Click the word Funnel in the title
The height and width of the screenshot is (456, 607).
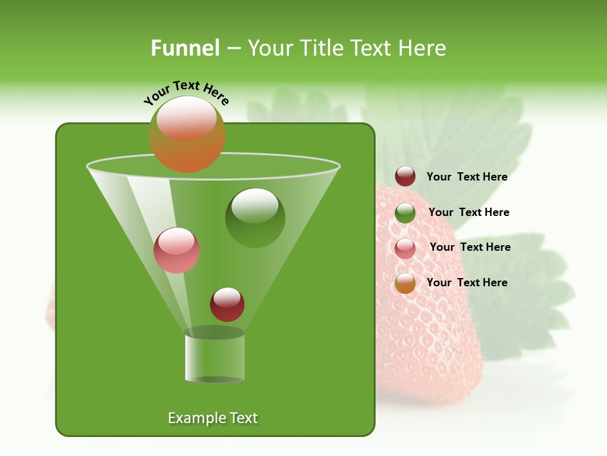click(185, 48)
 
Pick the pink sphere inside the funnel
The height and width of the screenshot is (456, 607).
click(176, 251)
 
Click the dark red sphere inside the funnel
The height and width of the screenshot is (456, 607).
click(227, 305)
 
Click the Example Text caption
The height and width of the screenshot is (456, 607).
click(212, 418)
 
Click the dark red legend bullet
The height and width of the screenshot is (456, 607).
click(405, 177)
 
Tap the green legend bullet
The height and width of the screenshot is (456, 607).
click(405, 213)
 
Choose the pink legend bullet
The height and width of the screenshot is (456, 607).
click(405, 248)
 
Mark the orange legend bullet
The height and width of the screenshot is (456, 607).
click(405, 283)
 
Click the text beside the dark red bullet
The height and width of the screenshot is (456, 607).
click(467, 177)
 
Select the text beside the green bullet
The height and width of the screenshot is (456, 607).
click(469, 212)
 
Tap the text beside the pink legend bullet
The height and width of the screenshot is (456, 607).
click(470, 247)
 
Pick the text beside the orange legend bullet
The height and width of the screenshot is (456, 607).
click(467, 282)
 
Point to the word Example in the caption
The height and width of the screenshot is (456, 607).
click(195, 418)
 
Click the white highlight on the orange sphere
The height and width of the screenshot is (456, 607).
click(187, 118)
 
